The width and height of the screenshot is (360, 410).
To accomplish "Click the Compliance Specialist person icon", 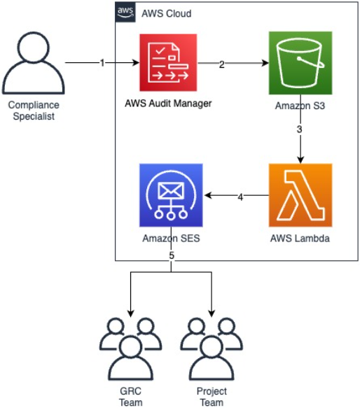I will (x=31, y=64).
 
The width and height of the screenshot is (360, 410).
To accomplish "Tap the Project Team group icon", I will (x=211, y=346).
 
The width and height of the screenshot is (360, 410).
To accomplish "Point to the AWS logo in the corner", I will (x=126, y=13).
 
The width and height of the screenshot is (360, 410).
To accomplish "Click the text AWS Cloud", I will (x=166, y=14).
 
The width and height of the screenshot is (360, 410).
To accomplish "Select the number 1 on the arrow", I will (x=102, y=63).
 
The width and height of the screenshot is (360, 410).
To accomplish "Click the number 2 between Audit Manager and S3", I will (x=222, y=65).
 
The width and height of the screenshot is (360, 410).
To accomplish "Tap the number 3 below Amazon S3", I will (x=300, y=130).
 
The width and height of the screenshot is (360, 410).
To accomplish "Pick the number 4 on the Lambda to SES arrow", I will (x=240, y=197).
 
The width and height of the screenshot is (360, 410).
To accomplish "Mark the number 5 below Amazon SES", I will (x=171, y=256).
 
